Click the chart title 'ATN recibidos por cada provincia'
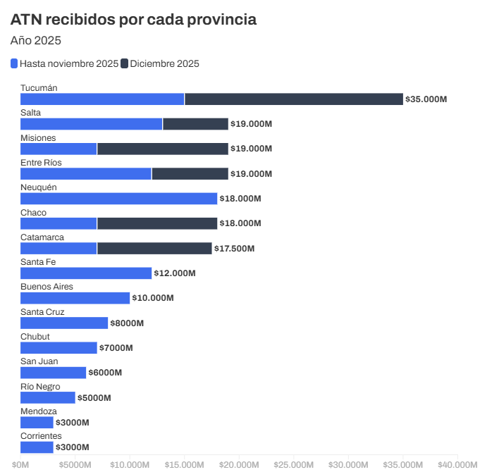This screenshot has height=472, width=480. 133,20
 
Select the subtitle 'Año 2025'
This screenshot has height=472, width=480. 35,40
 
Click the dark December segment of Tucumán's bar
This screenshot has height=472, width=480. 294,99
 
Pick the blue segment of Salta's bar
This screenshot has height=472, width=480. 92,124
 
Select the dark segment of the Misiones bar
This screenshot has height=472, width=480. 163,149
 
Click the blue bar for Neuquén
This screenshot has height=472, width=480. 118,199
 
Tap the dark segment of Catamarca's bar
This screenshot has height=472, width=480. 154,248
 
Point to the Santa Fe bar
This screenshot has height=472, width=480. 86,273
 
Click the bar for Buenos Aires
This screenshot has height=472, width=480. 75,298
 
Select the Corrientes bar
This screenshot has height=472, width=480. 37,447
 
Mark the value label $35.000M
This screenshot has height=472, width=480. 426,99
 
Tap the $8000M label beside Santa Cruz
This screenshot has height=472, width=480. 127,323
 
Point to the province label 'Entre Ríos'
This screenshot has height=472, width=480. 41,163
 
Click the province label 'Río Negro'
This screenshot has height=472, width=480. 40,387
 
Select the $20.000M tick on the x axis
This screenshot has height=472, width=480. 238,465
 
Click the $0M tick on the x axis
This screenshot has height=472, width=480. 20,465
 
